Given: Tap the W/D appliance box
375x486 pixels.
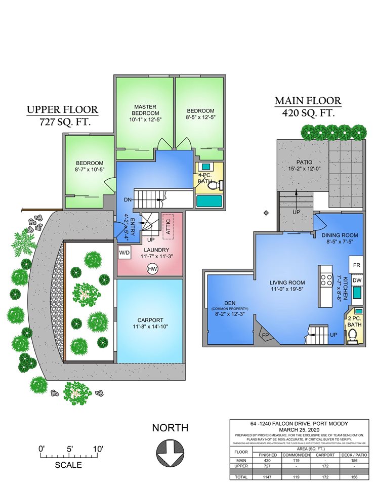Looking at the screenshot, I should [x=124, y=252].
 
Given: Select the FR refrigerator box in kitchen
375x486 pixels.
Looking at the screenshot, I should [x=356, y=265].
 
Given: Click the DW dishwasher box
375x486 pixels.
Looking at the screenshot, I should [x=356, y=280].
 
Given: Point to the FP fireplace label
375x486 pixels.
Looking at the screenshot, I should [x=265, y=335].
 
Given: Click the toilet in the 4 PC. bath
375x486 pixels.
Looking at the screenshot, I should [x=215, y=186].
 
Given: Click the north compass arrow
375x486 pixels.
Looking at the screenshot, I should [x=170, y=453].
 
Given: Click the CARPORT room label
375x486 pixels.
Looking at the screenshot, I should [x=150, y=320].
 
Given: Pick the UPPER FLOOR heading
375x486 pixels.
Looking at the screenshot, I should [x=62, y=110].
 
